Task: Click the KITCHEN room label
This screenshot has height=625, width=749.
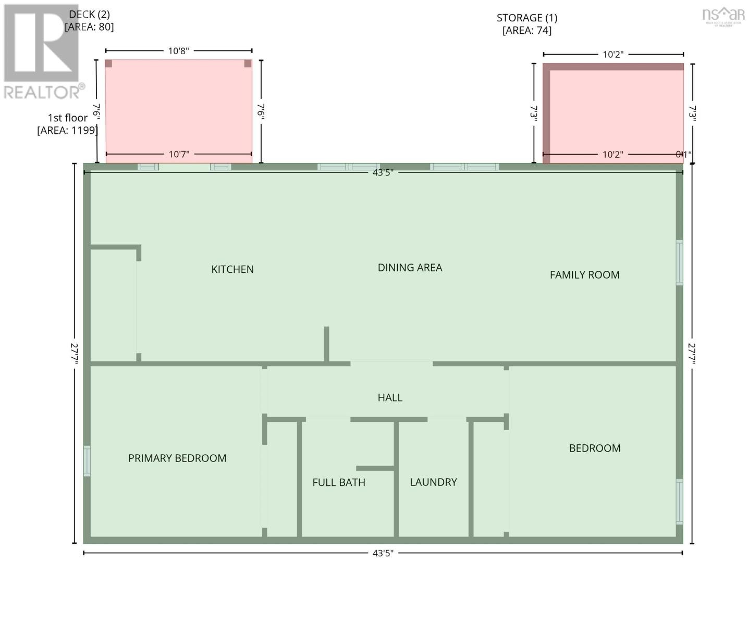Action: click(232, 269)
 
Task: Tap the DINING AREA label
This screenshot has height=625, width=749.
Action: click(410, 268)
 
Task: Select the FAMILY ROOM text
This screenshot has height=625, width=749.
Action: click(584, 275)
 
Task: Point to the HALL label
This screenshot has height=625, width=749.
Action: click(390, 398)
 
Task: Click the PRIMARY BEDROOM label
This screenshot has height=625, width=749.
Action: click(177, 458)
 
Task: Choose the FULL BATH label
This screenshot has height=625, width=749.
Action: click(339, 483)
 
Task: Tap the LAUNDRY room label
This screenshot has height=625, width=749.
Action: click(433, 482)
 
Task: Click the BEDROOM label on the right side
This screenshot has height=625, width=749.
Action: click(595, 448)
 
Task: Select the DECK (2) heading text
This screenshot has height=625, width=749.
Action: click(89, 15)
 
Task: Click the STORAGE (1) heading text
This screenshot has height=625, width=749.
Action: click(527, 18)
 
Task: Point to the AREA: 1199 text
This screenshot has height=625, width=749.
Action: click(67, 130)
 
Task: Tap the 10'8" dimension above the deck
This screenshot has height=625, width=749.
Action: click(178, 51)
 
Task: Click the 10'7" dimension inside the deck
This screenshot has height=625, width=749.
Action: click(179, 155)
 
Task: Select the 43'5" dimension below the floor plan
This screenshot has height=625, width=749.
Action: click(383, 553)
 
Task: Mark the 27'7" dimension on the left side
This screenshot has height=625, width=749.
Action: click(75, 353)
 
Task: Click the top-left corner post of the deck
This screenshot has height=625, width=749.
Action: click(108, 64)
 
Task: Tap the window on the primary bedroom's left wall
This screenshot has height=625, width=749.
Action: click(87, 461)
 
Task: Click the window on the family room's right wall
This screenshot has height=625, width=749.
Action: click(679, 262)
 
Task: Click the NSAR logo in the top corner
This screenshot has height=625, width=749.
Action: click(723, 16)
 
